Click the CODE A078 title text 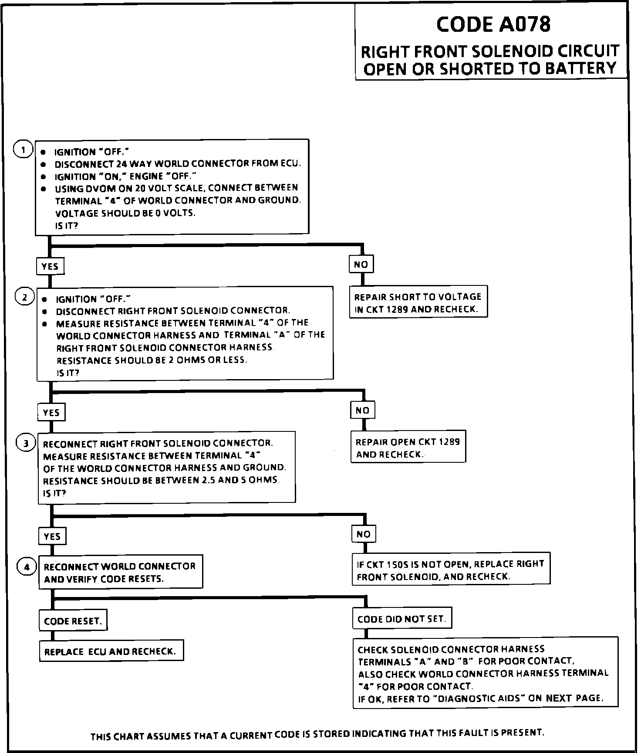pos(493,24)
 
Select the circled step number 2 pos(24,298)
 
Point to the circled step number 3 pos(26,443)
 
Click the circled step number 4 pos(27,567)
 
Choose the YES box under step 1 pos(50,266)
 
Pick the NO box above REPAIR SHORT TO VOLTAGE pos(361,265)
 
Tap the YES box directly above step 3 pos(51,412)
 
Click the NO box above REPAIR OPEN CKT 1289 pos(362,410)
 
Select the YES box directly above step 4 pos(52,536)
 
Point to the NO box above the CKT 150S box pos(364,534)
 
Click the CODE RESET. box pos(73,621)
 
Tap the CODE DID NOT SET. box pos(401,619)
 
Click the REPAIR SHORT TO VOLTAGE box pos(418,303)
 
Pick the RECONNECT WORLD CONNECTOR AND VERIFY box pos(120,573)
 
